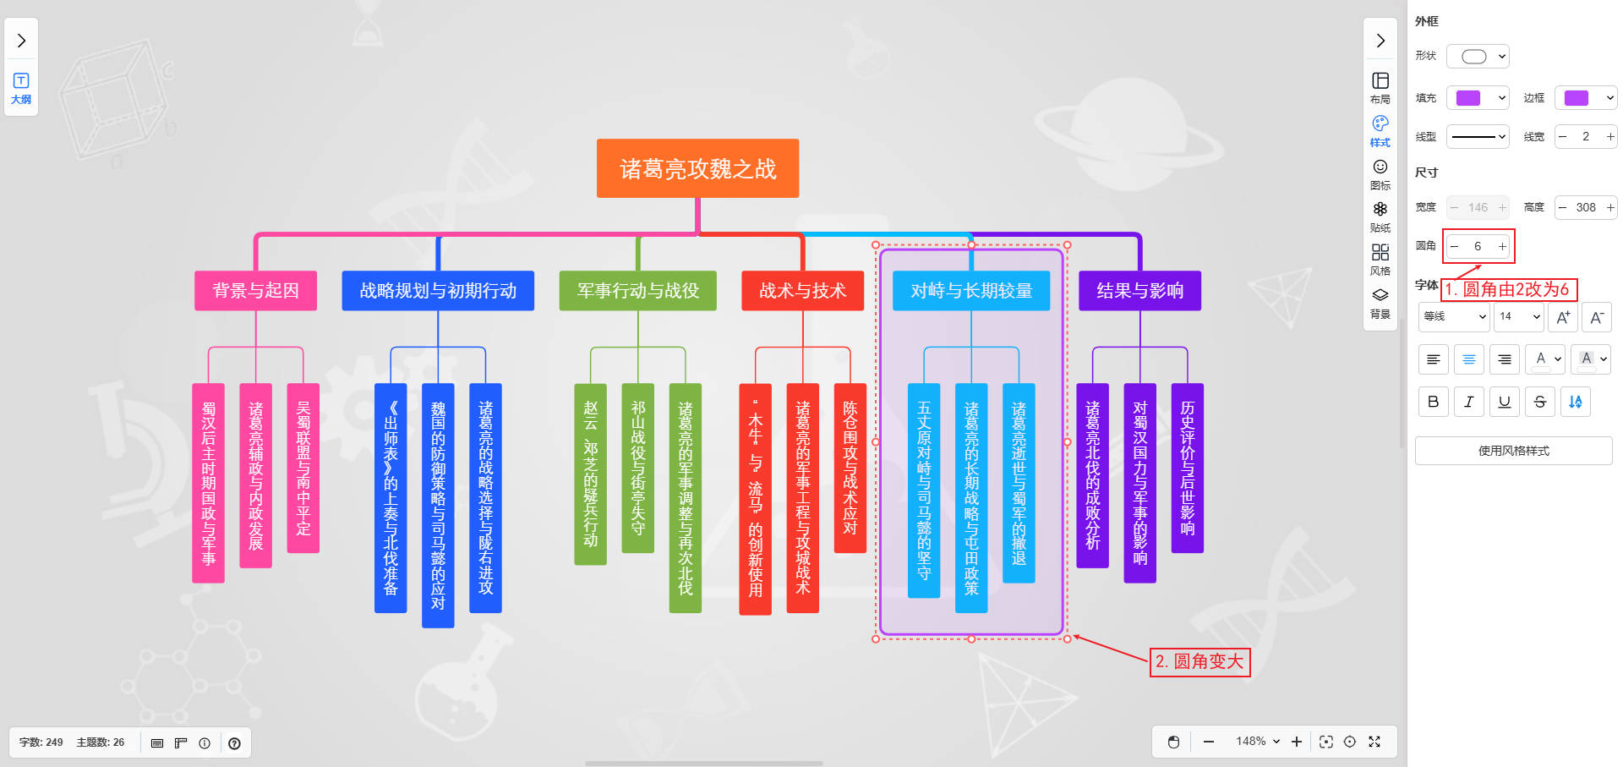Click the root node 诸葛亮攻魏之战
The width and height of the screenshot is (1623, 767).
tap(697, 168)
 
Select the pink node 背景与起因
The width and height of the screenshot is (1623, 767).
tap(255, 290)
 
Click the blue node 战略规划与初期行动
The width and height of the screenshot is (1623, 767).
tap(438, 290)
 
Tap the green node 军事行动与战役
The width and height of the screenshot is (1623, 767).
tap(637, 290)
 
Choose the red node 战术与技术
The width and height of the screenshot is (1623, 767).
tap(802, 290)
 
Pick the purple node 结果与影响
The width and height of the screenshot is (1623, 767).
tap(1139, 290)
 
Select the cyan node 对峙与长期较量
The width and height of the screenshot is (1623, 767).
tap(971, 290)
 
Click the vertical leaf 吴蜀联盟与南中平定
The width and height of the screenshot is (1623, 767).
tap(303, 468)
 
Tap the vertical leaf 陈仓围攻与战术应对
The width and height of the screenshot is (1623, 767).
tap(850, 468)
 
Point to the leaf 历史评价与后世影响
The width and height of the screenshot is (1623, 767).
tap(1187, 468)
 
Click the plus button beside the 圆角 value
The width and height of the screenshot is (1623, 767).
tap(1502, 246)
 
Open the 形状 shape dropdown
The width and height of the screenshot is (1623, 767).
tap(1478, 57)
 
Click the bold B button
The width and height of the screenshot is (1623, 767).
tap(1433, 402)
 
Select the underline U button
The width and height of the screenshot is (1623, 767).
tap(1504, 402)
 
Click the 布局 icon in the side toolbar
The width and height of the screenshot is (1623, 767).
tap(1380, 87)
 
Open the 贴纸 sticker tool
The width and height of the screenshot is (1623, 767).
tap(1380, 216)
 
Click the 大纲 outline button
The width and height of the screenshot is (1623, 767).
tap(21, 88)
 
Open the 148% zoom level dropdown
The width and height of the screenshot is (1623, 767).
tap(1257, 742)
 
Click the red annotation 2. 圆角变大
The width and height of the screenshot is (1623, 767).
tap(1199, 661)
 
